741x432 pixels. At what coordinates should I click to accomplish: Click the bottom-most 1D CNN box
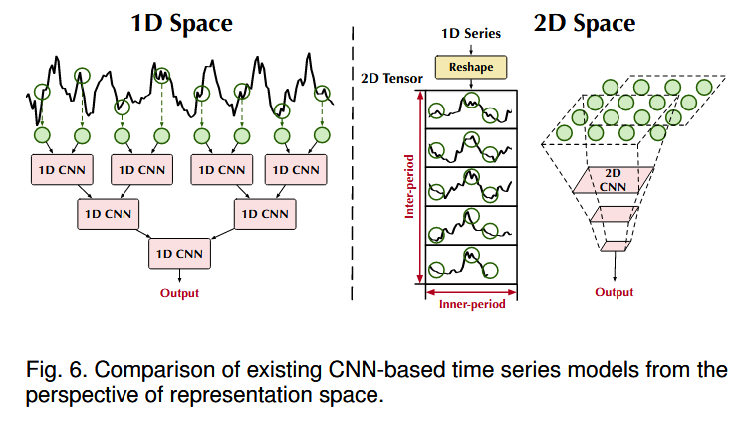tap(179, 253)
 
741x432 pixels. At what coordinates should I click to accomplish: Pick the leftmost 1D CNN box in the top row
tap(60, 169)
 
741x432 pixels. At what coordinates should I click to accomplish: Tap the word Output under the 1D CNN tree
tap(179, 293)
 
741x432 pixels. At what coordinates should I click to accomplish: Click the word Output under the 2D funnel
tap(614, 293)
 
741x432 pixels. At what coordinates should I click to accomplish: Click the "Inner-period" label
tap(472, 304)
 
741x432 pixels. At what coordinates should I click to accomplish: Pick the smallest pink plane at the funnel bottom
tap(614, 246)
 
